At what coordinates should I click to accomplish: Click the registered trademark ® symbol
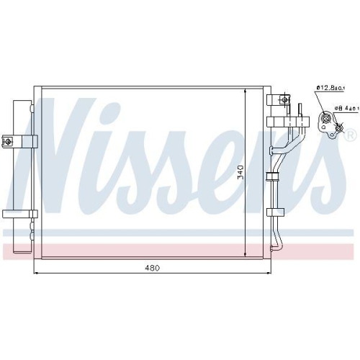(x=351, y=135)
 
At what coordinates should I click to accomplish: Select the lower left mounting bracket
(x=19, y=213)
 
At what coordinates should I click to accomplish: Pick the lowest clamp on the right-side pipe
(x=274, y=212)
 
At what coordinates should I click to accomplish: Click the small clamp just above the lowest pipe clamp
(x=274, y=176)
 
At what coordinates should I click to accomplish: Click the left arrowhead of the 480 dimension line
(x=37, y=274)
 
